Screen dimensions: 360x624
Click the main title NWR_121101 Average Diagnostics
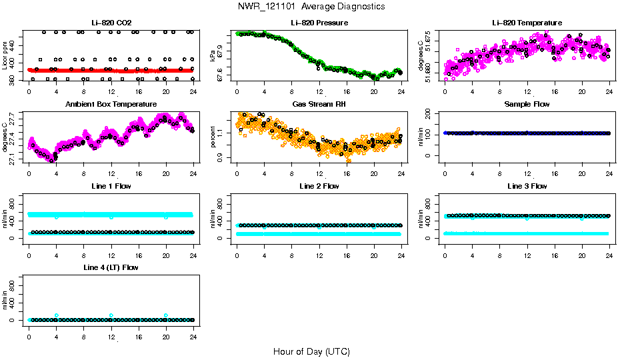[x=311, y=6]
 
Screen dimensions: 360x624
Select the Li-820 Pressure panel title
[x=319, y=23]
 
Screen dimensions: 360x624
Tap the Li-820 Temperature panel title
[x=527, y=23]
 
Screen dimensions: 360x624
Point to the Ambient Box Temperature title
[x=111, y=105]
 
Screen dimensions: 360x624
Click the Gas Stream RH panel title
[x=319, y=105]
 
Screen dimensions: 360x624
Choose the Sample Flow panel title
[x=527, y=105]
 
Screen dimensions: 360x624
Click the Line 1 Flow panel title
[x=111, y=186]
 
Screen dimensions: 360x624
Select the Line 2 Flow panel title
[x=319, y=186]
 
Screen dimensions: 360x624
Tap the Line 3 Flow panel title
[x=527, y=186]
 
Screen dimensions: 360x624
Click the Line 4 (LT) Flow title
[x=111, y=267]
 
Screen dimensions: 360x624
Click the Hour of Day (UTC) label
[x=311, y=351]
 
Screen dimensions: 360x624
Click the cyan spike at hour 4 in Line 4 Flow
[x=57, y=315]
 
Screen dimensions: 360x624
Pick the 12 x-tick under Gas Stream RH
[x=319, y=168]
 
